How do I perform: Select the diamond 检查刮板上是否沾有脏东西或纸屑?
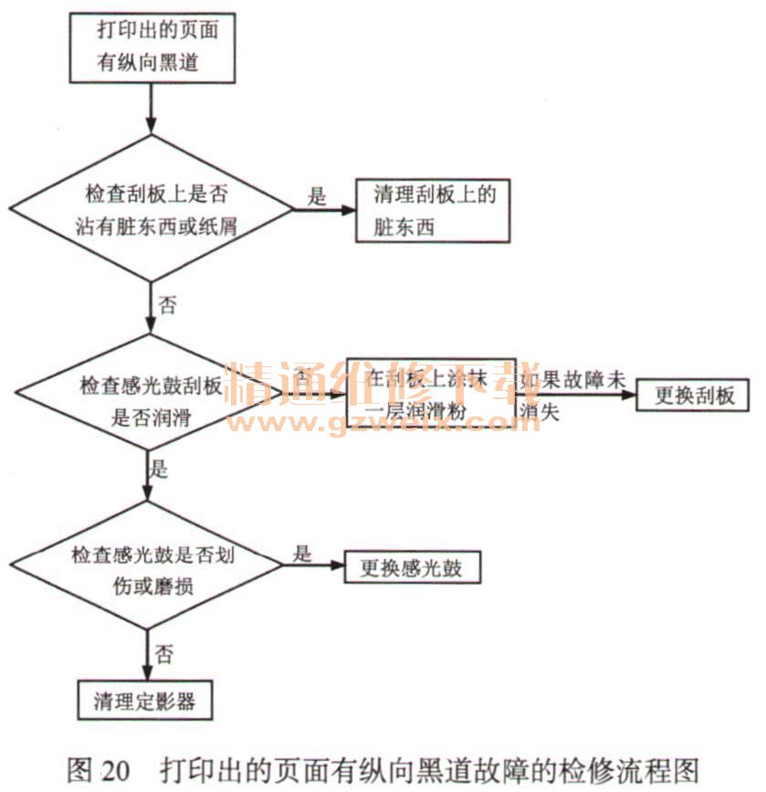coord(152,210)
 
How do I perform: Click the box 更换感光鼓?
coord(411,568)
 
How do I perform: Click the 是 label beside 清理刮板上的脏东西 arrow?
coord(316,196)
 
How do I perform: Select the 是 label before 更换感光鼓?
coord(303,554)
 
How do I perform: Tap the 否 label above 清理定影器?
coord(165,654)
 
